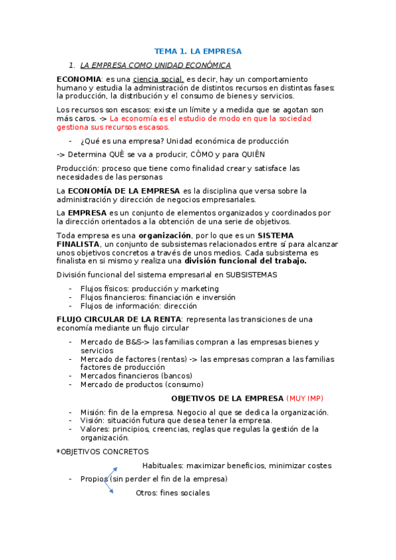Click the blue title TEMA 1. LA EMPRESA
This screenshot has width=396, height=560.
tap(198, 51)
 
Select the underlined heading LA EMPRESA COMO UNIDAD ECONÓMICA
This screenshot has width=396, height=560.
tap(155, 65)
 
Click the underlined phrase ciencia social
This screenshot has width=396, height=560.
tap(158, 79)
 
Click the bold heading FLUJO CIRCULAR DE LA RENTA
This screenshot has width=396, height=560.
tap(116, 320)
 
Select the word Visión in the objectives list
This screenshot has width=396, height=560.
tap(93, 421)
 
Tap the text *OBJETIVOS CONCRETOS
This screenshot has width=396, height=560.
tap(102, 452)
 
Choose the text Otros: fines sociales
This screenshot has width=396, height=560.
tap(173, 493)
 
